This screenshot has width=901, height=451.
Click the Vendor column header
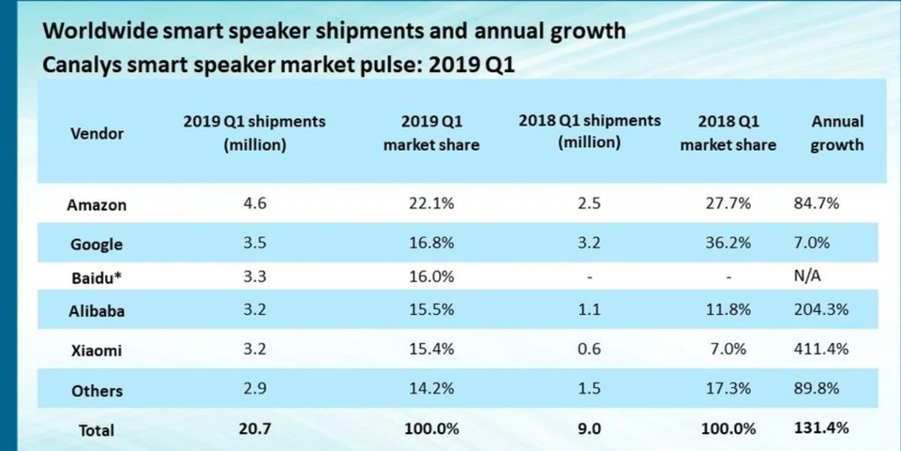coord(96,133)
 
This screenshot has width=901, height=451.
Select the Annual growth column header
coord(837,133)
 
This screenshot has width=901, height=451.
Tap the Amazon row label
coord(96,205)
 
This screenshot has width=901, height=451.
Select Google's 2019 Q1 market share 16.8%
coord(432,244)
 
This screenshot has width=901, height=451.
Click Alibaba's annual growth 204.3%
coord(822,311)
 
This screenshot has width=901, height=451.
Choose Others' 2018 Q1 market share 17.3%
coord(727,390)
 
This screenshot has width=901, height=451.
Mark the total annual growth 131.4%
coord(822,428)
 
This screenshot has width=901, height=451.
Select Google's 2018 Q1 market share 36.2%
coord(727,244)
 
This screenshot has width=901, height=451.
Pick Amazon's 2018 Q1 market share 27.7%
coord(727,204)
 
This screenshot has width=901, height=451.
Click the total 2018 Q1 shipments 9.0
coord(590,429)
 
